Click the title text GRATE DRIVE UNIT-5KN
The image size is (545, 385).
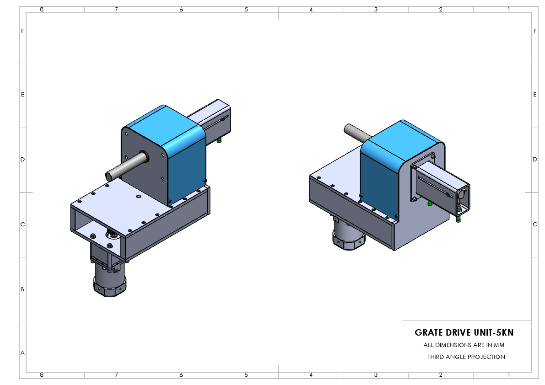pos(467,332)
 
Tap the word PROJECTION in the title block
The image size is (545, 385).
pos(486,357)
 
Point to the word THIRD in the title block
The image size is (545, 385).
pos(436,357)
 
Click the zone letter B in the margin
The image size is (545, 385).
pos(22,289)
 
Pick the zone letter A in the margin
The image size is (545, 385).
pos(22,353)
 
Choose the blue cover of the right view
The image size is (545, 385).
pos(380,178)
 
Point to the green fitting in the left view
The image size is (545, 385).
pos(219,140)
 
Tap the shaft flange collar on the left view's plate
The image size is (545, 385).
pos(143,155)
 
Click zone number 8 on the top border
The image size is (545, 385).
pos(42,9)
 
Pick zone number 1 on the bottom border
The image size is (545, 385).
pos(509,375)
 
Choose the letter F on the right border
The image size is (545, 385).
pos(534,31)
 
